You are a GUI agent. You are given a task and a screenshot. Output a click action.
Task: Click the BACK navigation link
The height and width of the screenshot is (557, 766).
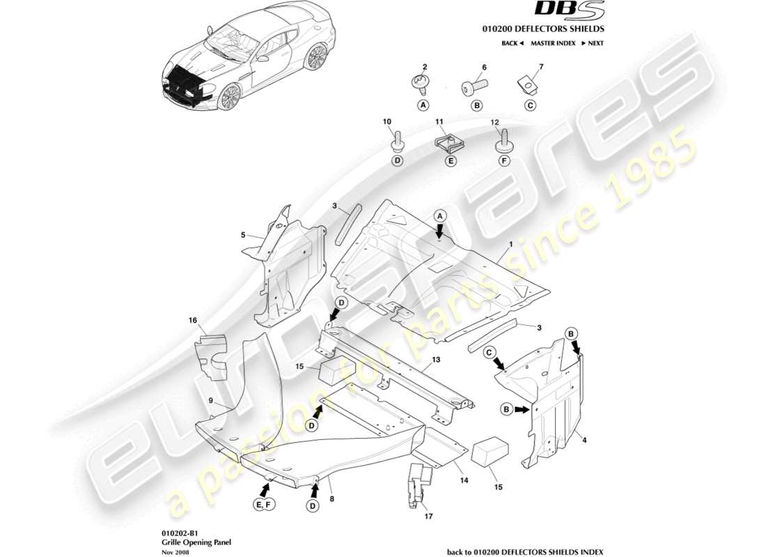pyautogui.click(x=512, y=43)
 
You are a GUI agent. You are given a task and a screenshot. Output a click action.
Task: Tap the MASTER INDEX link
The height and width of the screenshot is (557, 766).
pyautogui.click(x=552, y=43)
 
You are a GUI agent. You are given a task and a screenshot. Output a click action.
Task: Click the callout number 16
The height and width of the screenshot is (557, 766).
pyautogui.click(x=193, y=320)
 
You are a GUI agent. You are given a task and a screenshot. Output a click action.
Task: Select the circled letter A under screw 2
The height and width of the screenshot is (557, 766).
pyautogui.click(x=422, y=106)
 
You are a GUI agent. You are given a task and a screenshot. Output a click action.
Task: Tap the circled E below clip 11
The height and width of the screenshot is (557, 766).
pyautogui.click(x=451, y=161)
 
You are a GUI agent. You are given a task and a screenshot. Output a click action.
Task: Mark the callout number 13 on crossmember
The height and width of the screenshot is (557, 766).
pyautogui.click(x=437, y=360)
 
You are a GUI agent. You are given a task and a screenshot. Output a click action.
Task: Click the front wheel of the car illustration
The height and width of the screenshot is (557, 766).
pyautogui.click(x=228, y=97)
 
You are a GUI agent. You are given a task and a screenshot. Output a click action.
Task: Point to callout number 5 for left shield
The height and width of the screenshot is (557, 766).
pyautogui.click(x=243, y=236)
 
